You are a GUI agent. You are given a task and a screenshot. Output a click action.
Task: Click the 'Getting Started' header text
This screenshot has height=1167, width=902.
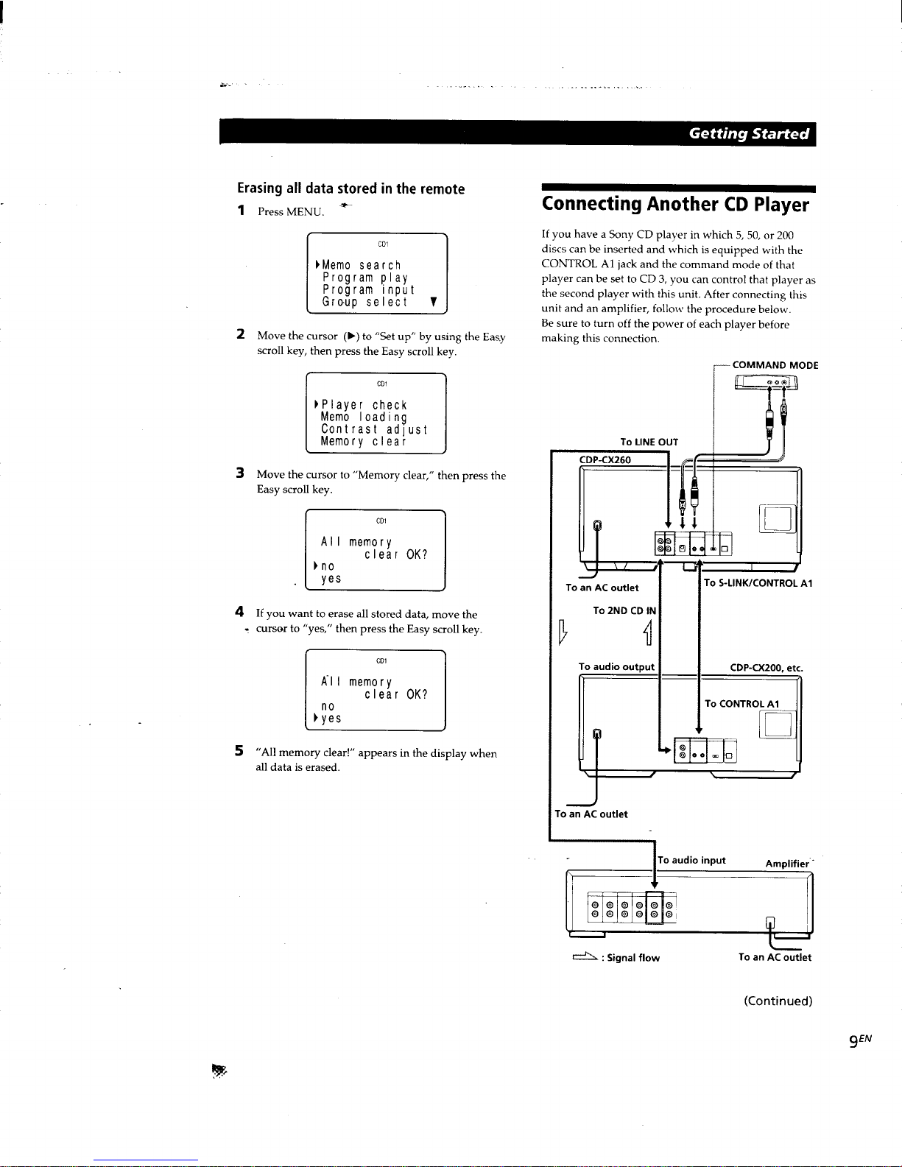tap(748, 134)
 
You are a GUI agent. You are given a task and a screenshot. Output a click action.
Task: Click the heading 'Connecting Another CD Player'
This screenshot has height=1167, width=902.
tap(675, 205)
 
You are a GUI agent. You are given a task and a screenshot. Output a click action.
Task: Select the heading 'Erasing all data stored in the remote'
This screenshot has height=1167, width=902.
tap(350, 188)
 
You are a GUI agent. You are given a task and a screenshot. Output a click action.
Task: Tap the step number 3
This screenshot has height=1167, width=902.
tap(240, 473)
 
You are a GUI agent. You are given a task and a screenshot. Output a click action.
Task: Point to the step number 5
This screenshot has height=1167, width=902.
tap(239, 751)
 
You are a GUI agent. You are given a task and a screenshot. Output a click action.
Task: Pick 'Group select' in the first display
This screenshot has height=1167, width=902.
tap(365, 303)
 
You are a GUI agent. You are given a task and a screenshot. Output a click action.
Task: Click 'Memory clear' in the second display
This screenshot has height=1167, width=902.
tap(364, 442)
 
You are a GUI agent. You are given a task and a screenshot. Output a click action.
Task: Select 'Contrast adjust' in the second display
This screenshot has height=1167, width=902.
tap(374, 430)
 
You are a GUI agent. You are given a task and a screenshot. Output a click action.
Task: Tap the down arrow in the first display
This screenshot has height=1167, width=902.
tap(434, 302)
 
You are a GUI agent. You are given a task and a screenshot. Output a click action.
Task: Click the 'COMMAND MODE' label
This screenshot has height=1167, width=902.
tap(775, 365)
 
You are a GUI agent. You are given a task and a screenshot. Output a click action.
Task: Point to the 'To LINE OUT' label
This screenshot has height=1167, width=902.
tap(649, 442)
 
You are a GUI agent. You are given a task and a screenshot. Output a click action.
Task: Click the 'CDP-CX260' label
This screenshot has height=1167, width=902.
tap(605, 459)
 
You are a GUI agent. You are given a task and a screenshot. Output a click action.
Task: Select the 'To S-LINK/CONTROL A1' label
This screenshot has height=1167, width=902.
tap(758, 583)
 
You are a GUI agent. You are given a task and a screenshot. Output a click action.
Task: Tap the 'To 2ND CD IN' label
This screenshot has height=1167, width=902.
tap(624, 610)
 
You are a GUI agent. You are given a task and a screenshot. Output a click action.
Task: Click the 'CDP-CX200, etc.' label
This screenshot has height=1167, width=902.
tap(767, 668)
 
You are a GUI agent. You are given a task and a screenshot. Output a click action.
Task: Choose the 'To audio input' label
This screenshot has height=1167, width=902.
tap(691, 861)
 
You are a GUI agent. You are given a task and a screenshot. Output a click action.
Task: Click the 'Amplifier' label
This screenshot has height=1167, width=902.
tap(787, 864)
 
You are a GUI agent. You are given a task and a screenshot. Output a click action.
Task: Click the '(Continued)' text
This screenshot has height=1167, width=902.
tap(778, 1001)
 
